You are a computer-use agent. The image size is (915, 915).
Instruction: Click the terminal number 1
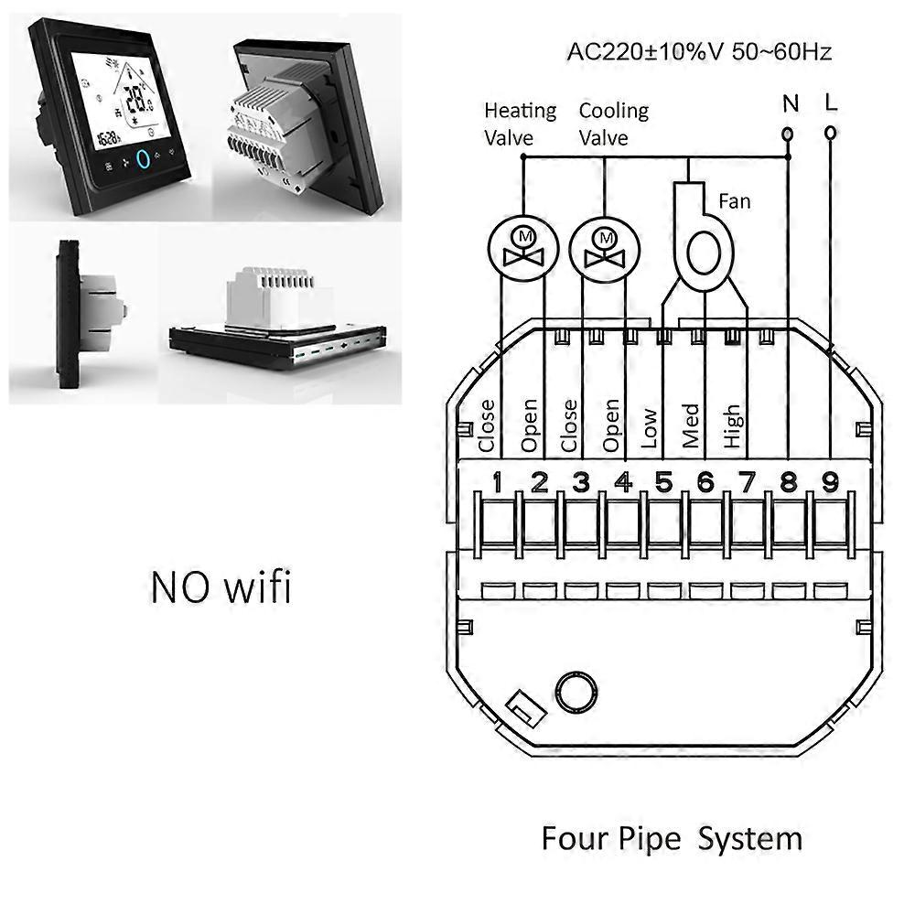click(x=497, y=481)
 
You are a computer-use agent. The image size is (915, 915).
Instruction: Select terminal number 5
click(x=664, y=481)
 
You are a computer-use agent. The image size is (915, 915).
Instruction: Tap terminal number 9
click(x=830, y=481)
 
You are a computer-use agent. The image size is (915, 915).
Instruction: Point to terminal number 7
click(x=748, y=481)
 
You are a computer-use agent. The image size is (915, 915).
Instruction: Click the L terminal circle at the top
click(x=829, y=134)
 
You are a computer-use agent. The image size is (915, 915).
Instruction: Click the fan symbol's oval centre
click(x=705, y=251)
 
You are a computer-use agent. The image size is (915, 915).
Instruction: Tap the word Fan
click(x=734, y=199)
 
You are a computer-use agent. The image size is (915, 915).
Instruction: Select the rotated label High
click(x=732, y=426)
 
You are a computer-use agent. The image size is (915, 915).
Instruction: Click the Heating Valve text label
click(x=520, y=124)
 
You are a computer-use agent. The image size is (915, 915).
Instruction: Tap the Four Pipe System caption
click(x=672, y=838)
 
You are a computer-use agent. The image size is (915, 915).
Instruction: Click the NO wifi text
click(x=221, y=587)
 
